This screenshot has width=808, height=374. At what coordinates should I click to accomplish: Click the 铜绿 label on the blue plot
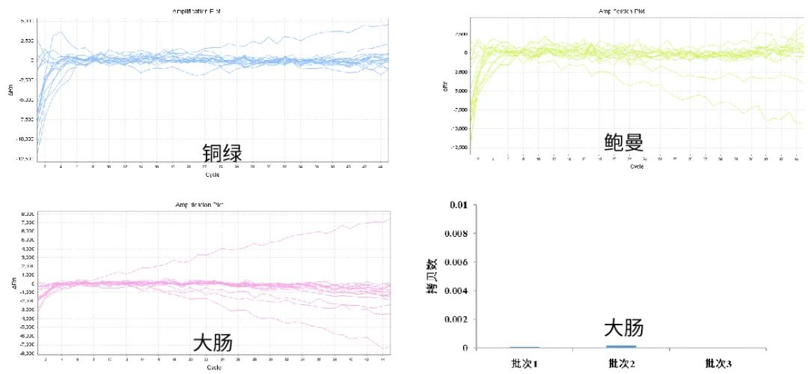click(222, 153)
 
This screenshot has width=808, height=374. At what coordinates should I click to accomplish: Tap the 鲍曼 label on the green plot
click(624, 143)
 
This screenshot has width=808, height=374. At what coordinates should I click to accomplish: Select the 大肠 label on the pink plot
click(212, 343)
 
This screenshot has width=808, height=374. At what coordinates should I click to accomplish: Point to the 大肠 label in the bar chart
click(624, 328)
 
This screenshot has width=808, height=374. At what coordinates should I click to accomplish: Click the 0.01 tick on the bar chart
click(458, 205)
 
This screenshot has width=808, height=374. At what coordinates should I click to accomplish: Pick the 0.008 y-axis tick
click(455, 234)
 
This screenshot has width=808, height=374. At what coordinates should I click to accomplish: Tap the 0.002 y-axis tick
click(455, 319)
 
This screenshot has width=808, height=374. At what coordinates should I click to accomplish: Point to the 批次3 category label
click(719, 364)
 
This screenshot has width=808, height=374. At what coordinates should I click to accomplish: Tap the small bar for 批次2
click(622, 346)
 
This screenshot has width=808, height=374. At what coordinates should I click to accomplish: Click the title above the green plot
click(621, 11)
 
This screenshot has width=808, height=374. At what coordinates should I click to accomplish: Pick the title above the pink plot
click(198, 203)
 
